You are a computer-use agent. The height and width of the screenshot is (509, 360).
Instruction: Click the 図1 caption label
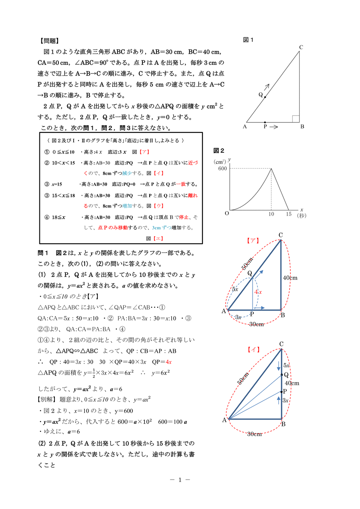(248, 40)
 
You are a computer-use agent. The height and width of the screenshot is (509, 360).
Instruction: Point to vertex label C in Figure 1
(301, 47)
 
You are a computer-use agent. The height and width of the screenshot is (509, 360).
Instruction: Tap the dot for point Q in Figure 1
(265, 97)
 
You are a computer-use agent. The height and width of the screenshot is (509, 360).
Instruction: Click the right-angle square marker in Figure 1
(296, 119)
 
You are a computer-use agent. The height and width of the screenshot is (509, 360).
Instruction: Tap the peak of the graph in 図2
(271, 168)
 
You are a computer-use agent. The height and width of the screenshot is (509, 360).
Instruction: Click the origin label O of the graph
(227, 213)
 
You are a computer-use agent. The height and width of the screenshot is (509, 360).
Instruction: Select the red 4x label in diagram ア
(258, 292)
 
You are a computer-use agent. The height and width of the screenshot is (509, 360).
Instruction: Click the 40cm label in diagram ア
(290, 278)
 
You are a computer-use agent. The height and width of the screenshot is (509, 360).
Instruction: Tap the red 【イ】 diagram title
(253, 350)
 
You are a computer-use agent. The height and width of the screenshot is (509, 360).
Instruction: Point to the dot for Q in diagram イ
(281, 375)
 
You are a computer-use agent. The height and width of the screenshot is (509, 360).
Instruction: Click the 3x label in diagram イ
(286, 400)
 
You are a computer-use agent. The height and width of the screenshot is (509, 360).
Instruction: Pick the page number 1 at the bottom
(180, 480)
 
